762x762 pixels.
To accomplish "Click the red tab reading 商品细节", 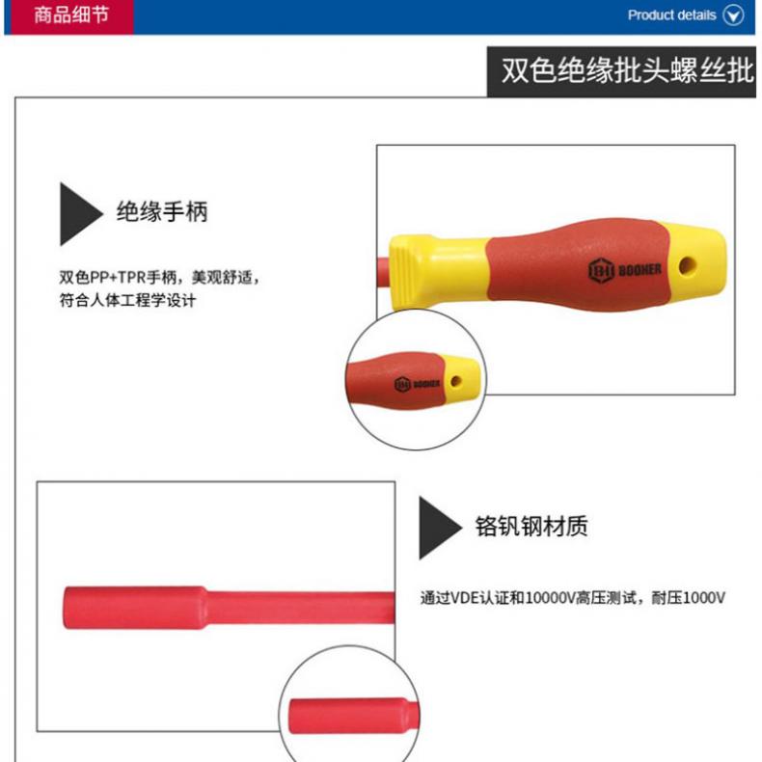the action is [x=69, y=16].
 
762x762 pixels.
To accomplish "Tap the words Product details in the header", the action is [x=671, y=15].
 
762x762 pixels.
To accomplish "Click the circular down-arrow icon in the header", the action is [x=733, y=15].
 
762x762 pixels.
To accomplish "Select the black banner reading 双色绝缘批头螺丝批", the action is [x=621, y=71].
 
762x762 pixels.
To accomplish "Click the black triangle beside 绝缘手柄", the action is [x=78, y=214].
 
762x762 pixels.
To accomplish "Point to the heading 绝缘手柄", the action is [x=162, y=212].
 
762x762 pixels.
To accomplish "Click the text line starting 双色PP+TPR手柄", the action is [x=159, y=277].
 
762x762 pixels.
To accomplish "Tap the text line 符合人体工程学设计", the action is [x=127, y=300].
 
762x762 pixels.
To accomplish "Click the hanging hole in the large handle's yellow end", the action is [x=687, y=266].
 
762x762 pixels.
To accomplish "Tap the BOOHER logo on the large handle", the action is [x=625, y=270].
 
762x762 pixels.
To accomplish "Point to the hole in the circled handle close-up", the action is [x=456, y=381].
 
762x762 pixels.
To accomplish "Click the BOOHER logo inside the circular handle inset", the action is [x=417, y=385].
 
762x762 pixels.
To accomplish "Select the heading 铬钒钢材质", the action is [x=531, y=526].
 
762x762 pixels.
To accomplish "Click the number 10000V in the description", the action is [x=550, y=597].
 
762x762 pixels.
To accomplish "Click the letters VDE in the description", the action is [x=465, y=597].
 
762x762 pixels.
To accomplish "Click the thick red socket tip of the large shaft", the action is [x=135, y=608].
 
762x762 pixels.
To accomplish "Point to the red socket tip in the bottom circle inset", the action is [x=348, y=717].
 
